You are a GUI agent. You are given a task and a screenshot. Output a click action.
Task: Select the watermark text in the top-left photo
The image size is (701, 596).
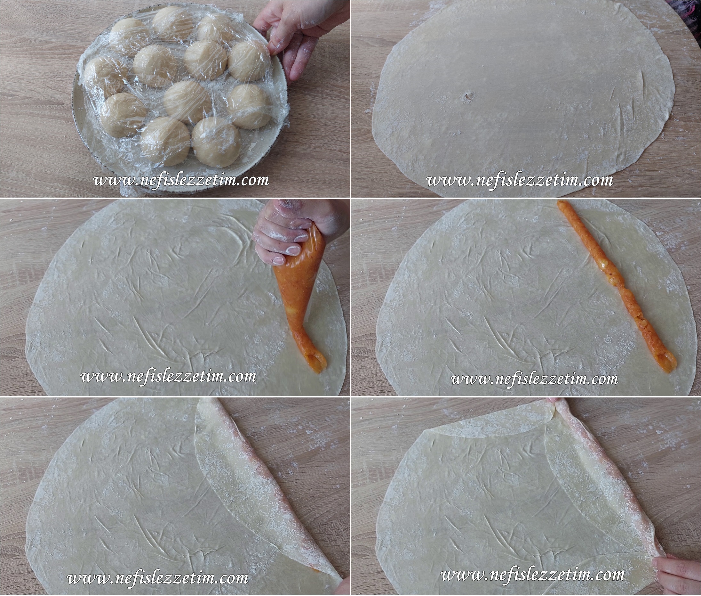click(x=181, y=180)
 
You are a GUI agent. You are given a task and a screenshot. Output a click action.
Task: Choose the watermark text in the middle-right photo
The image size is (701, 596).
click(x=535, y=379)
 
